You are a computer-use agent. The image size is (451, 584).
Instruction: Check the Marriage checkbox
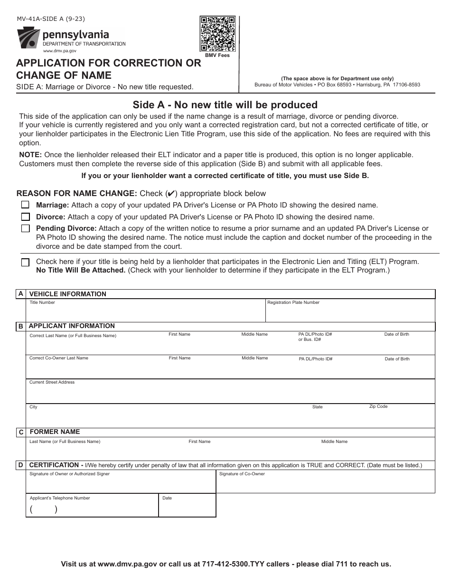(x=26, y=205)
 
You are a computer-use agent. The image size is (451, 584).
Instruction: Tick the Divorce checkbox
(x=26, y=217)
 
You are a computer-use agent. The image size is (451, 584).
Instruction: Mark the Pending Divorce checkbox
(x=26, y=229)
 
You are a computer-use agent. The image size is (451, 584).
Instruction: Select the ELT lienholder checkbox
(x=26, y=262)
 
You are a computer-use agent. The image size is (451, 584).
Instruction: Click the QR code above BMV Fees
(x=217, y=34)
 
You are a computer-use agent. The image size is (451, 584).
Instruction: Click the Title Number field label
(x=42, y=302)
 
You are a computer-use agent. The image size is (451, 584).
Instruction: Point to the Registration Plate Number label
(x=293, y=302)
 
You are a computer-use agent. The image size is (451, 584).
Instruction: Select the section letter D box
(x=21, y=466)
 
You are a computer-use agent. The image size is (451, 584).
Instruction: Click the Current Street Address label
(x=52, y=382)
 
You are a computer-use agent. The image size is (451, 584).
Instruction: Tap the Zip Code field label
(x=378, y=406)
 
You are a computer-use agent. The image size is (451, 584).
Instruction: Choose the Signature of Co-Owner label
(x=242, y=474)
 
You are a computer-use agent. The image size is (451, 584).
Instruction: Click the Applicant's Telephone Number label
(x=60, y=498)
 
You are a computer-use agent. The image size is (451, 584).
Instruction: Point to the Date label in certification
(x=167, y=498)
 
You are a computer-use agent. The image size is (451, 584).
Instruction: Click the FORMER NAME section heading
(x=55, y=432)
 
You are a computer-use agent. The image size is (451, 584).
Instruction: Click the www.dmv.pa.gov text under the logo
(x=59, y=50)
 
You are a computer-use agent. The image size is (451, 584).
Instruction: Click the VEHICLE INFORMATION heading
(x=68, y=294)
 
